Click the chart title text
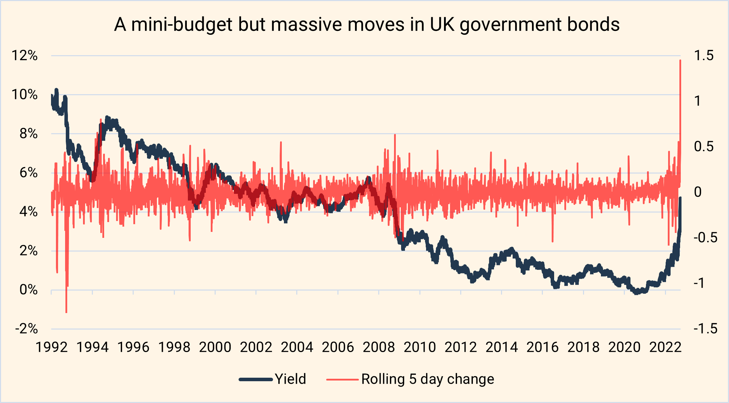pos(367,25)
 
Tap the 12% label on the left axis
pos(25,56)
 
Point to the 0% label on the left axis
pos(28,290)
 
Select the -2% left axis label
pos(26,329)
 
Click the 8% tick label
pos(28,134)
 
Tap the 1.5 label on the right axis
pos(704,56)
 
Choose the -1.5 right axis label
pos(705,329)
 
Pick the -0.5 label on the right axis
pos(705,238)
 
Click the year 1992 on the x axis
pos(52,347)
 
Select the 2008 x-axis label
pos(379,347)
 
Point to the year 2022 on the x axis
pos(665,347)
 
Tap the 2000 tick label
pos(215,347)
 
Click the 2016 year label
pos(543,347)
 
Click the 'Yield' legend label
pos(290,379)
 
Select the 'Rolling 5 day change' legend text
pos(427,379)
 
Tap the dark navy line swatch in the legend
pos(256,379)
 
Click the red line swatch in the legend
pos(342,379)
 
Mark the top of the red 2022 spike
pos(680,60)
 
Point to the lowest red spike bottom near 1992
pos(66,312)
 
